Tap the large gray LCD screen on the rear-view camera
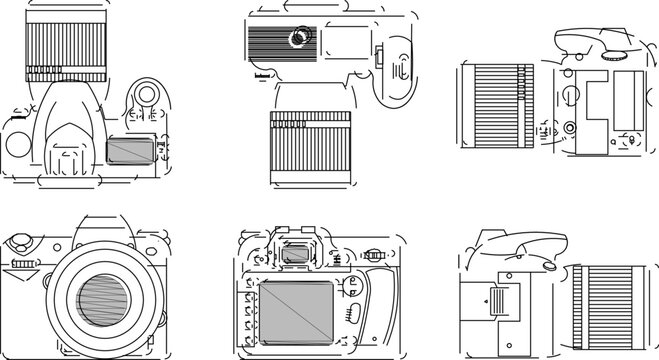coord(297,311)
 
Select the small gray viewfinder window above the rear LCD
coord(296,254)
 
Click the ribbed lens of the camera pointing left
coord(498,108)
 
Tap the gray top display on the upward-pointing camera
coord(129,150)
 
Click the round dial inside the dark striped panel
coord(297,37)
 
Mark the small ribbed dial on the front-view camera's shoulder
coord(24,265)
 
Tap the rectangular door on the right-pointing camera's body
coord(498,299)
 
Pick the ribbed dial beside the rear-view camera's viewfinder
coord(376,254)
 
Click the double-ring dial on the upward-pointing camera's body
coord(146,95)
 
